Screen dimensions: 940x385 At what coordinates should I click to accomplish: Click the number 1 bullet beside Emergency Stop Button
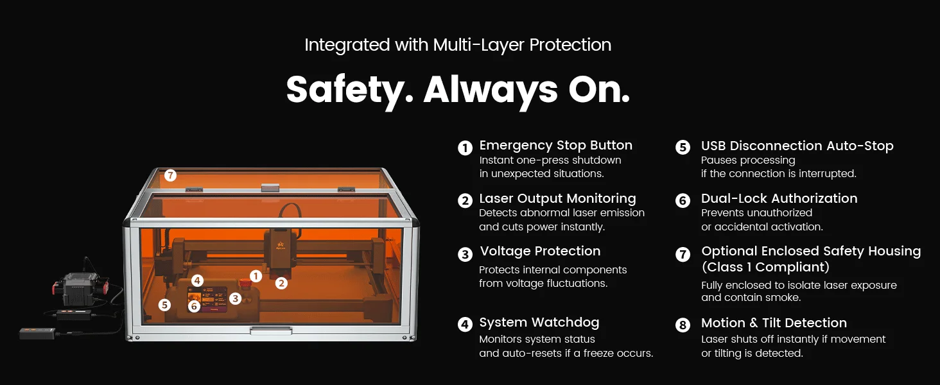coord(465,148)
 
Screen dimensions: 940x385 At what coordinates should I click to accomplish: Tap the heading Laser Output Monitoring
coord(557,198)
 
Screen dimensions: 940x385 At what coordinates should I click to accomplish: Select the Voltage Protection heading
coord(540,251)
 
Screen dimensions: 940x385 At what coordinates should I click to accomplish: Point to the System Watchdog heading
coord(539,322)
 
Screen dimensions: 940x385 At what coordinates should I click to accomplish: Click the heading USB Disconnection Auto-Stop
coord(797,146)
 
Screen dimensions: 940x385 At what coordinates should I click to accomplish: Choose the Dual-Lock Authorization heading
coord(779,198)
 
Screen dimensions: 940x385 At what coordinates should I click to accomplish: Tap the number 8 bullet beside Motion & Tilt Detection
coord(683,325)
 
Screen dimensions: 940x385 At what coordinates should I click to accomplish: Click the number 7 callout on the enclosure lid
coord(170,175)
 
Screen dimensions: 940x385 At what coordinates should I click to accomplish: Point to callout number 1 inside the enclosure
coord(256,276)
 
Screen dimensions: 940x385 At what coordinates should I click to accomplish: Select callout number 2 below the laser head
coord(281,284)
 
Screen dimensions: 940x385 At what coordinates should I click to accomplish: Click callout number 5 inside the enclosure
coord(164,305)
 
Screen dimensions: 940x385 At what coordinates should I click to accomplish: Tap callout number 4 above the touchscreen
coord(197,280)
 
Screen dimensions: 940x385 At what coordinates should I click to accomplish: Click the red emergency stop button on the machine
coord(244,283)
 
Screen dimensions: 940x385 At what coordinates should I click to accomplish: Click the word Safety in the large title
coord(349,90)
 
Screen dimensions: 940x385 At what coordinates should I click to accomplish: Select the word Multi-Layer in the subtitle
coord(478,45)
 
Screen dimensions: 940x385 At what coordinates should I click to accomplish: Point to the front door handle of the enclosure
coord(271,331)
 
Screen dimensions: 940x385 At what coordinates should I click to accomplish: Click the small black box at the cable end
coord(37,334)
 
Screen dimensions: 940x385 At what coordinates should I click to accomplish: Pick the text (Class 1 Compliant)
coord(765,267)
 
